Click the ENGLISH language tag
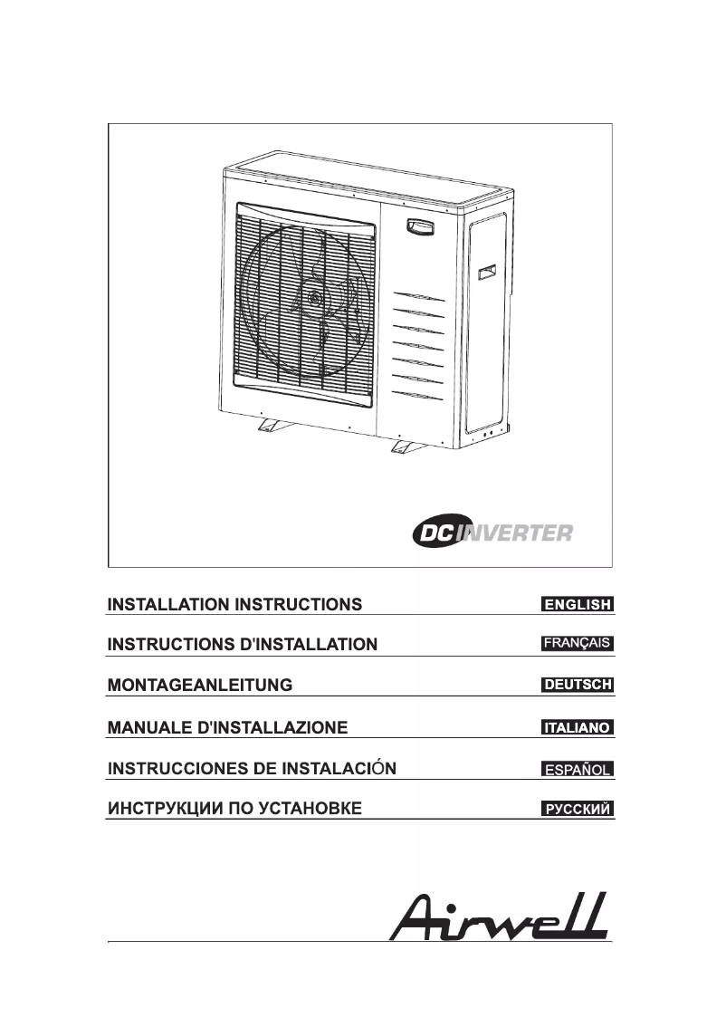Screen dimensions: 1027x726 578,604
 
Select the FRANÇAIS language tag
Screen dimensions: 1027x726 578,645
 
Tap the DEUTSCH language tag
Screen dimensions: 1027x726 578,686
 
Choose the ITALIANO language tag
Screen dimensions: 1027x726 578,727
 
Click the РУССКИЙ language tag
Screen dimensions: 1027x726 578,809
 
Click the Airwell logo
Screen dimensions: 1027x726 499,917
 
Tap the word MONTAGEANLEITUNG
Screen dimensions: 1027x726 200,686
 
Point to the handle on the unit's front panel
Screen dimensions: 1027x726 419,226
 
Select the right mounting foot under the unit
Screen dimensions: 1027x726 405,445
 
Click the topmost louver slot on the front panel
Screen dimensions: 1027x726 419,298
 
